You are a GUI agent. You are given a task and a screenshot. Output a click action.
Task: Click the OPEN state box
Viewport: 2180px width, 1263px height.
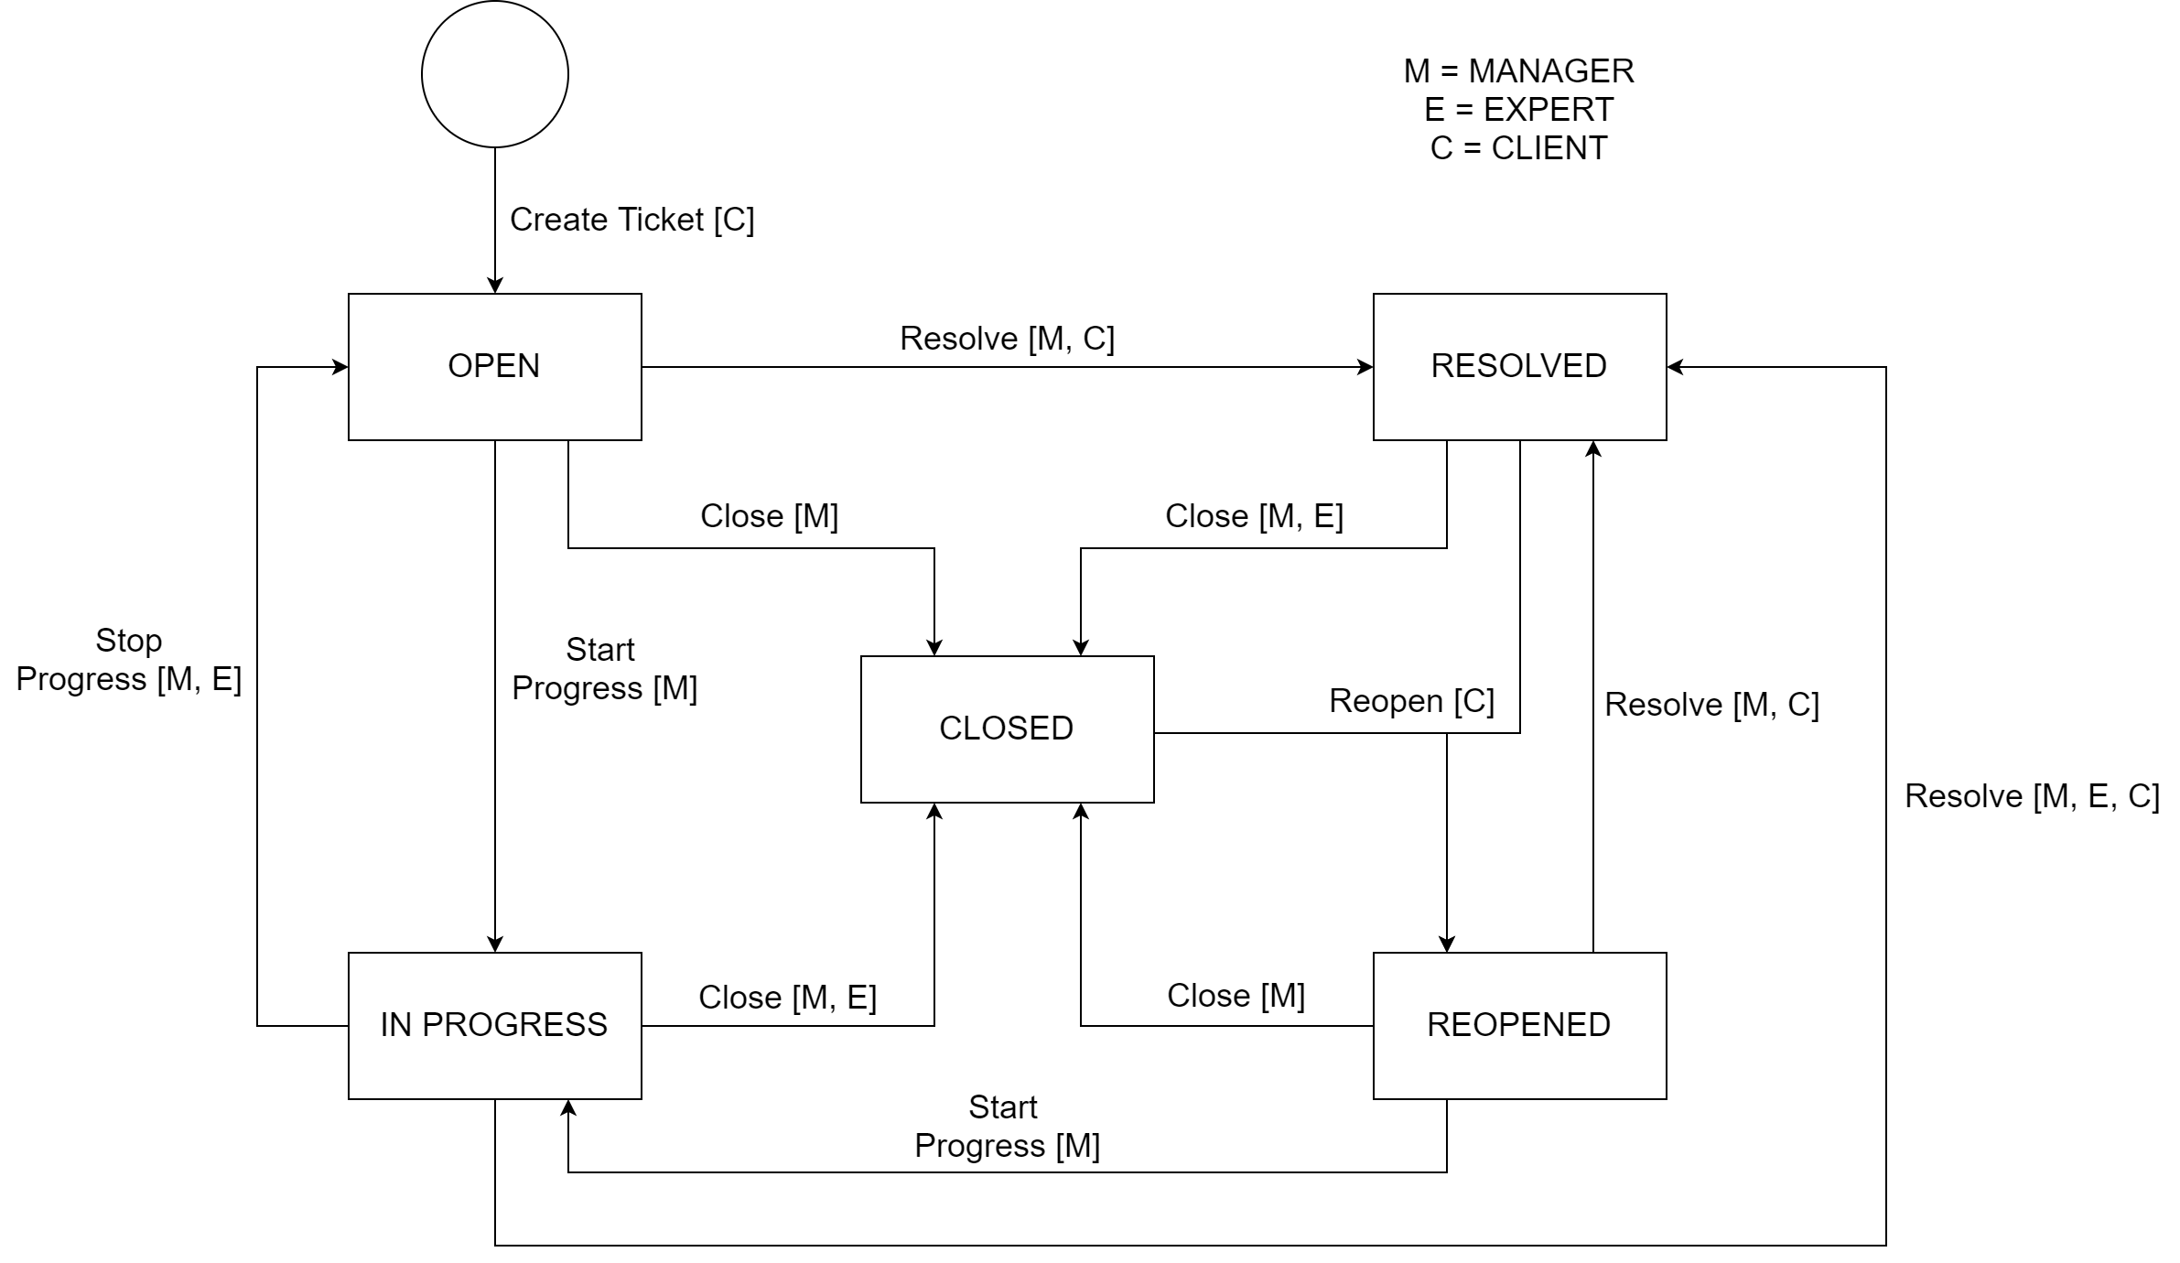point(494,366)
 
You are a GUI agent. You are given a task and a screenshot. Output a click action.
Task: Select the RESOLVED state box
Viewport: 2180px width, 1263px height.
point(1519,366)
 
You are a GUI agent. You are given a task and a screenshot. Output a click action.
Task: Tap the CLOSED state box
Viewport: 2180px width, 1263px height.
point(1007,729)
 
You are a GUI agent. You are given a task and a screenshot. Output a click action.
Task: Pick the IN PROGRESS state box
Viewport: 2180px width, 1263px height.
point(494,1025)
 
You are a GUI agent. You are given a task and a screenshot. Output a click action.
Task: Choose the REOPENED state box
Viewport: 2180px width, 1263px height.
point(1519,1025)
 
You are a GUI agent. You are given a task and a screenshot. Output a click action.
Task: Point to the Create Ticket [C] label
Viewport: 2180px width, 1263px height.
point(631,220)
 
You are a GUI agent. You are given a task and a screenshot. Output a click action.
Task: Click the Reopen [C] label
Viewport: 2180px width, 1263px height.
point(1411,701)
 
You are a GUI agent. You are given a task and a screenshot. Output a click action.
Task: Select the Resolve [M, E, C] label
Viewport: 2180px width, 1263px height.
point(2032,796)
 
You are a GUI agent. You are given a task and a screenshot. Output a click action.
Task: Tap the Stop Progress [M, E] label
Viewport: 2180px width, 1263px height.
point(129,660)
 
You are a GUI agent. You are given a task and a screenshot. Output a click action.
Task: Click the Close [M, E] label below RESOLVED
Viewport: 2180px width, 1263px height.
point(1254,516)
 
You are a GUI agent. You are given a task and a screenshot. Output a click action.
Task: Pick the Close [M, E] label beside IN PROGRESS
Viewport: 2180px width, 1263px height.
point(787,998)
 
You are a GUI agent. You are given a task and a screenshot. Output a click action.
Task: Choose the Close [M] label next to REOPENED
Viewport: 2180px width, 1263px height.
point(1236,996)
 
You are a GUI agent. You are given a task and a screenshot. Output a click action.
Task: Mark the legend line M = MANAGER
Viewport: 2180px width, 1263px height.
point(1518,71)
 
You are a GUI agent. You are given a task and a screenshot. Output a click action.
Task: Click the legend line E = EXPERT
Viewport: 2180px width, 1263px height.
point(1518,110)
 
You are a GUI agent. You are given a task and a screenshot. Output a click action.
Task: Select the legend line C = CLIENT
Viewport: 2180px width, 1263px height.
point(1518,148)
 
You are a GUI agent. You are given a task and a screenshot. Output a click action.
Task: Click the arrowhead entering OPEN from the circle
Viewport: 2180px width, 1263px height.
point(495,285)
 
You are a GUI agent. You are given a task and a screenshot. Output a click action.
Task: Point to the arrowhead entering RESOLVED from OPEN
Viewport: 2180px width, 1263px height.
point(1365,367)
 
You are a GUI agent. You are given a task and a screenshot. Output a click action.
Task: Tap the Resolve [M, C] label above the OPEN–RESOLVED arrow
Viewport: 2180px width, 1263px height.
point(1007,339)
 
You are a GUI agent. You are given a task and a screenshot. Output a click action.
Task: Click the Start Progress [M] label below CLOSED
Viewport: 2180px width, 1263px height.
point(1007,1127)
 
